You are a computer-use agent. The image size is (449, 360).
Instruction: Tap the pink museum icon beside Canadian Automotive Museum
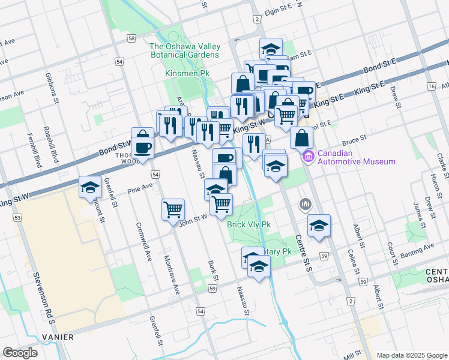[309, 157]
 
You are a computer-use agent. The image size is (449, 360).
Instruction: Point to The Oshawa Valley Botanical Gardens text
[185, 50]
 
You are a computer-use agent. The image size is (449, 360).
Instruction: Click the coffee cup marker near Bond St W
[143, 143]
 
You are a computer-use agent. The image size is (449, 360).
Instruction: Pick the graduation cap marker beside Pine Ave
[90, 187]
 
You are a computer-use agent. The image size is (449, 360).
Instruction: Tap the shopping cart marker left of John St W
[173, 209]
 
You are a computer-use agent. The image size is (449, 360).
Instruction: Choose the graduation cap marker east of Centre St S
[319, 225]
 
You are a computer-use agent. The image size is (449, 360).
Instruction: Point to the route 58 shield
[131, 38]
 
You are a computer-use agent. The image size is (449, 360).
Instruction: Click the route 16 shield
[431, 86]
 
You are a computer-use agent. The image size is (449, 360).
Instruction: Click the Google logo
[20, 353]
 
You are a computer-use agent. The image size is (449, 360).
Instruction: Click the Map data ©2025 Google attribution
[411, 355]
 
